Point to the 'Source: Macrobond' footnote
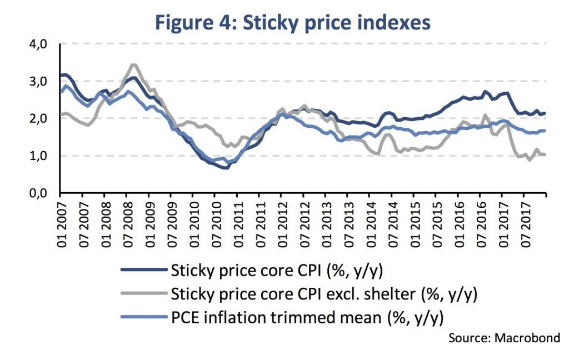pyautogui.click(x=504, y=337)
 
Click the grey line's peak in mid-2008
pyautogui.click(x=133, y=64)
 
